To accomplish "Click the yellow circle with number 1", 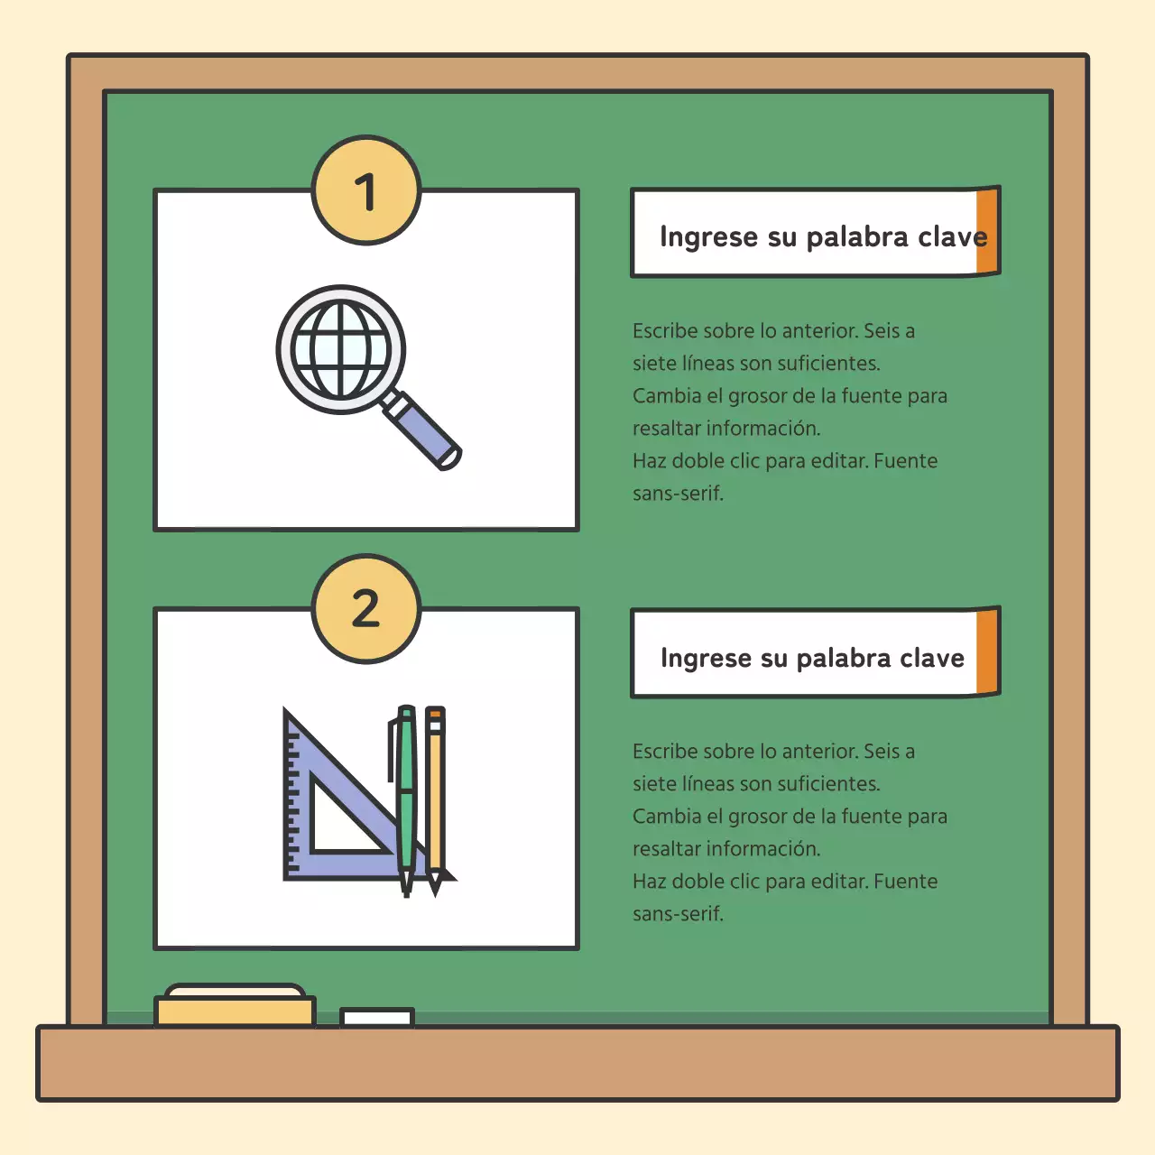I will point(366,190).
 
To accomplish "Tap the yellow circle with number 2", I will point(366,608).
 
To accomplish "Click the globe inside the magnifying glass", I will point(341,349).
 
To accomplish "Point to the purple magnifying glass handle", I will point(422,431).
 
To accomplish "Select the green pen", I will point(406,794).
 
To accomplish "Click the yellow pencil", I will point(435,794).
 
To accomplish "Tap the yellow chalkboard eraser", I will point(235,1006).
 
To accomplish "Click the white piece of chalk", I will point(377,1018).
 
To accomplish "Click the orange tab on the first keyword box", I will point(987,232).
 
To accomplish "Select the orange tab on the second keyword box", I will point(987,651).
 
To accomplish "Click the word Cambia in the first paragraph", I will point(666,396).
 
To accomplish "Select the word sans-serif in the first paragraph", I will point(678,494).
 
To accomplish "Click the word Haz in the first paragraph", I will point(649,461).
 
